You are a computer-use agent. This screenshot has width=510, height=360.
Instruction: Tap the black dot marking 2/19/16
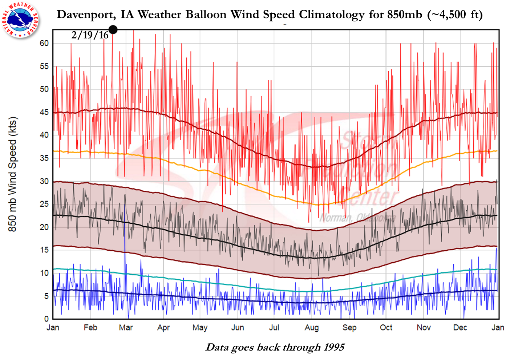[x=113, y=29]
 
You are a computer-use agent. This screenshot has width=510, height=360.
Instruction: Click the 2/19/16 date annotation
[x=90, y=35]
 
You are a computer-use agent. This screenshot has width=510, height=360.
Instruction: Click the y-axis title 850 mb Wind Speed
[x=13, y=174]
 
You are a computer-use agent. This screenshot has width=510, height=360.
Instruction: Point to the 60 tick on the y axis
[x=44, y=43]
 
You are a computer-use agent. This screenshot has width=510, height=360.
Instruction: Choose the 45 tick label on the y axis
[x=44, y=112]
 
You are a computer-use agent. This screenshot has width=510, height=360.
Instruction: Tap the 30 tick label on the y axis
[x=44, y=181]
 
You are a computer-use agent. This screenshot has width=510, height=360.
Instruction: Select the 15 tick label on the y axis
[x=44, y=250]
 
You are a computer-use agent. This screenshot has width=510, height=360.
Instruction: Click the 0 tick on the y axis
[x=46, y=319]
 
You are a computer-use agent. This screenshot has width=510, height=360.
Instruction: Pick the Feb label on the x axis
[x=90, y=328]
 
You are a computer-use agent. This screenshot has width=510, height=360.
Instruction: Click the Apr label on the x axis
[x=163, y=328]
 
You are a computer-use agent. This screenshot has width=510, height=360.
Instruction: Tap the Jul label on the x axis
[x=274, y=328]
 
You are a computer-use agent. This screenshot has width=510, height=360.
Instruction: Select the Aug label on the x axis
[x=312, y=328]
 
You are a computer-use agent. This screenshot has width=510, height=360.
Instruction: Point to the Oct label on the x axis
[x=386, y=328]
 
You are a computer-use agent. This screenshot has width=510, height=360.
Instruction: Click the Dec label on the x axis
[x=460, y=328]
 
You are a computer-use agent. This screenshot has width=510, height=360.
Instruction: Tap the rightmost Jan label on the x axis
[x=498, y=328]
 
